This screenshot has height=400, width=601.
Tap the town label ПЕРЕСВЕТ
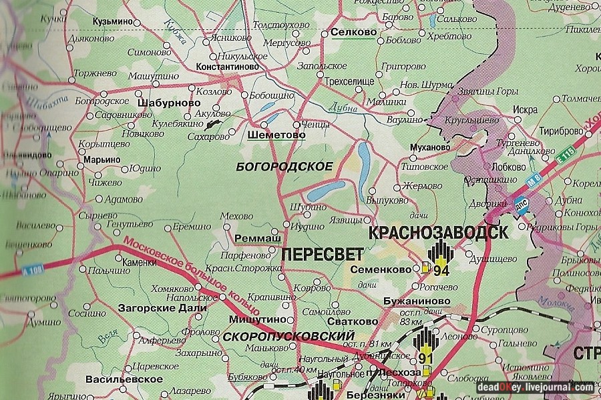coord(323,254)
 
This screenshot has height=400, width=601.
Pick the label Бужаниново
coord(417,302)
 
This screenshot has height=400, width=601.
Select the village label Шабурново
coord(168,103)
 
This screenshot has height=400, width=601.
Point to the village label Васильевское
coord(115,379)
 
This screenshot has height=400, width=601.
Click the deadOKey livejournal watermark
coord(534,387)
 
